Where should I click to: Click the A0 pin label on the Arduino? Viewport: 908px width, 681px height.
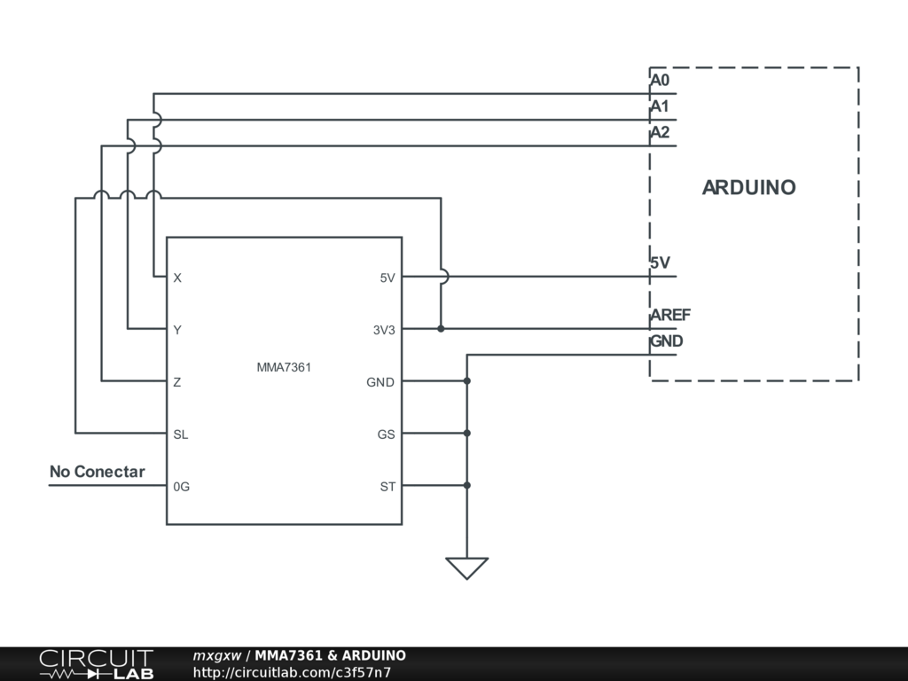coord(660,81)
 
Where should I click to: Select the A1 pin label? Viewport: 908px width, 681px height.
coord(660,107)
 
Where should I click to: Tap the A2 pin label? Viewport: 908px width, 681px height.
coord(660,133)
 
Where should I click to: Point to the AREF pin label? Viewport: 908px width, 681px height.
coord(670,316)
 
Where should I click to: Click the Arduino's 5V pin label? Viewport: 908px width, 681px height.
coord(660,263)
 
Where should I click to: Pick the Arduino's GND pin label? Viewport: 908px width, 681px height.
coord(667,341)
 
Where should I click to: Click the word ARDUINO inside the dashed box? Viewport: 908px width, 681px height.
coord(749,188)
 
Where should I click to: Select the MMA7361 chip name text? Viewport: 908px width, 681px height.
coord(284,365)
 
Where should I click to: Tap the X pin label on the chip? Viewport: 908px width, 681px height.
coord(177,278)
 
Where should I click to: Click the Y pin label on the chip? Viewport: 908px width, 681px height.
coord(177,330)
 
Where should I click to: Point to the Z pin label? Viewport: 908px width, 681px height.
coord(177,382)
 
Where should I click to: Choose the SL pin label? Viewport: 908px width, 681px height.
coord(181,434)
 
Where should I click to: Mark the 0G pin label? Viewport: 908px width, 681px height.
coord(182,487)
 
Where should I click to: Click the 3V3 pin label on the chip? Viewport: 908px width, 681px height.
coord(384,330)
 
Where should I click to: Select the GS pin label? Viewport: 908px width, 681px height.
coord(387,434)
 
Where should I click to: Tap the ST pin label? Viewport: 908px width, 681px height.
coord(387,487)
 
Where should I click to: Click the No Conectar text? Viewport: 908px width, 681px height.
coord(97,472)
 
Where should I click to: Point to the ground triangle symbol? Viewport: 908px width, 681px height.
coord(466,567)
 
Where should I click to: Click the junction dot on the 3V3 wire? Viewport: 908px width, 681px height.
coord(441,329)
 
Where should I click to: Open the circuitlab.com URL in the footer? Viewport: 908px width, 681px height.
coord(293,672)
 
